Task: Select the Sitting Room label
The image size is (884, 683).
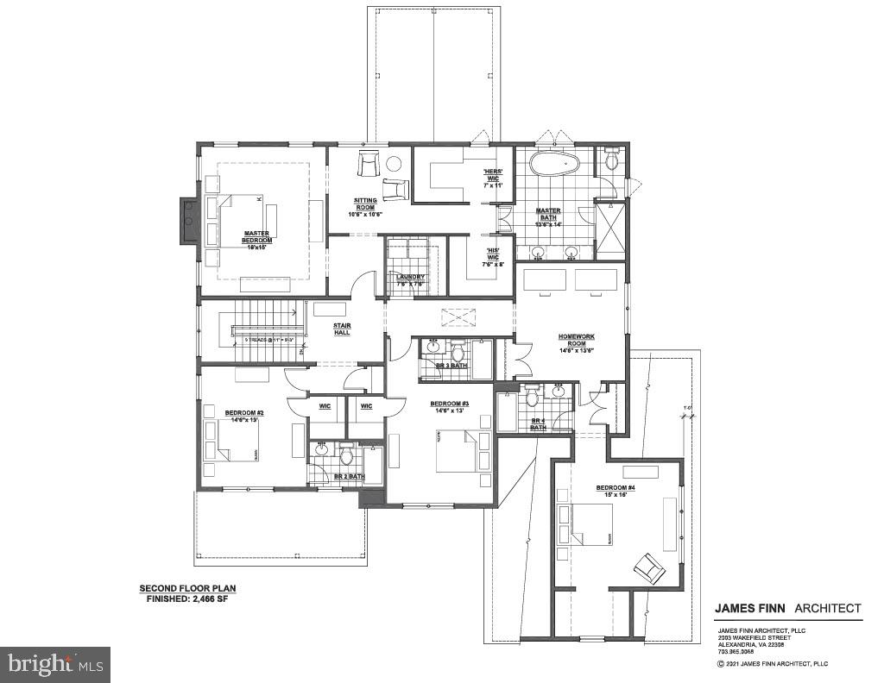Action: tap(364, 207)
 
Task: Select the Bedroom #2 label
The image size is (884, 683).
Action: tap(244, 416)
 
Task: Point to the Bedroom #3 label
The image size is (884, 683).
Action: tap(449, 407)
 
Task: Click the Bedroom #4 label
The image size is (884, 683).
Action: tap(616, 492)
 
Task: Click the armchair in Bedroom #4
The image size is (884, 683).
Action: tap(648, 567)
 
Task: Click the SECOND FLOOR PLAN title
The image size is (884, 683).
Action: tap(187, 589)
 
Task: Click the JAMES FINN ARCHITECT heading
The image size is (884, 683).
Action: tap(787, 608)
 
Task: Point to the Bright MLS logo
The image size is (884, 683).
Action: tap(55, 664)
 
